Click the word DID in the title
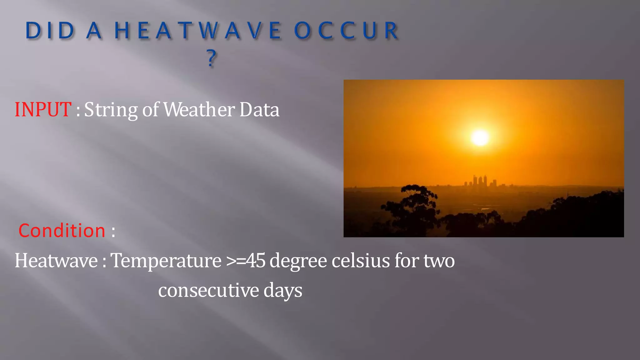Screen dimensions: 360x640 point(50,31)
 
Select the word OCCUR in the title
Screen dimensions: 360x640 point(346,31)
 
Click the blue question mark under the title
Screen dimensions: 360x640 point(212,58)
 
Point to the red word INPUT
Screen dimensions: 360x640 point(43,110)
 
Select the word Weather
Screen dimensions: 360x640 point(199,110)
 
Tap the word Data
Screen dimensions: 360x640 point(259,110)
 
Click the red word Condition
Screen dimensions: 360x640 point(62,231)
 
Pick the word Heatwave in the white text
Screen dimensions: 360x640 point(56,260)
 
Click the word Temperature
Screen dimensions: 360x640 point(166,260)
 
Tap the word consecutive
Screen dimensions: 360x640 point(208,290)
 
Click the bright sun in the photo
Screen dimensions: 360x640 point(480,137)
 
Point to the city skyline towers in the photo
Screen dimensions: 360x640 point(480,181)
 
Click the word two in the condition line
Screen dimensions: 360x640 point(439,260)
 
